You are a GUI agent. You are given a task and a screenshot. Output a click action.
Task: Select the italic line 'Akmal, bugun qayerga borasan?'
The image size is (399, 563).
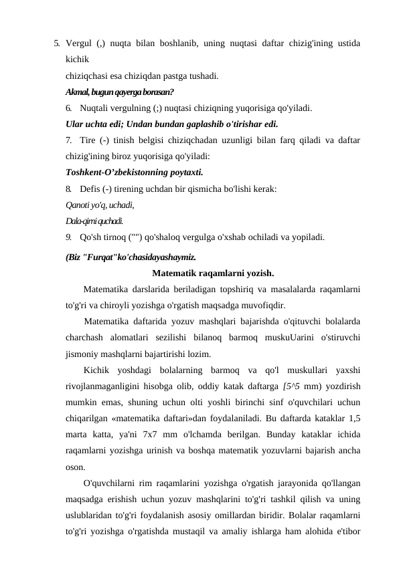pos(110,92)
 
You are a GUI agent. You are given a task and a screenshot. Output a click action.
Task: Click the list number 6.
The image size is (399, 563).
pos(70,108)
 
